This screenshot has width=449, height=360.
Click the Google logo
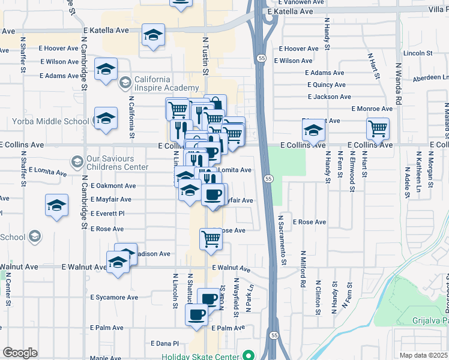20,353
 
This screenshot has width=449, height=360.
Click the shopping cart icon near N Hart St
378,127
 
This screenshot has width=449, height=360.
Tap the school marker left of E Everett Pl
57,205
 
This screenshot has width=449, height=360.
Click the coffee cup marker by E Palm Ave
196,314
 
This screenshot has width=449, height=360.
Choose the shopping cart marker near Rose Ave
211,238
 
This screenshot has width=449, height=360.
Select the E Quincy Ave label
325,85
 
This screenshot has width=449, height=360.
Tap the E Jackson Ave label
329,97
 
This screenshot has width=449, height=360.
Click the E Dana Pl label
168,343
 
